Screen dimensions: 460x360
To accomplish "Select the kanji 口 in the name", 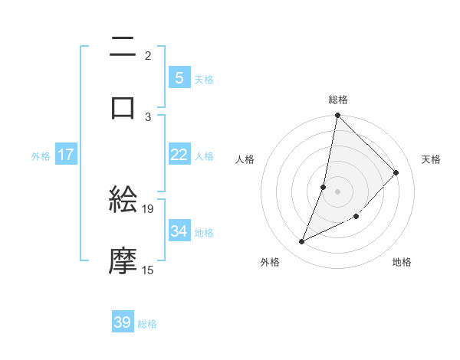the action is pos(123,107).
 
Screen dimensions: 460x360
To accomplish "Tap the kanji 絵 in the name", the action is pos(123,201).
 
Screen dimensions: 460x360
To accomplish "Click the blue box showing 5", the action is pos(179,78).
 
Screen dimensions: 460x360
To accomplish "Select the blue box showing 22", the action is pos(179,155).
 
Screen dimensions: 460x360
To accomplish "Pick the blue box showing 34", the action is pos(179,231).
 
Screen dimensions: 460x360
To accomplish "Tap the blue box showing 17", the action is pos(66,155).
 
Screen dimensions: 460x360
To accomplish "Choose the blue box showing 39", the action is pos(123,322).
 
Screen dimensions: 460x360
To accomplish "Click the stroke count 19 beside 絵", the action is pos(148,208).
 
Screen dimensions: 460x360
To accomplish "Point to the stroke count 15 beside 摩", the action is pos(148,270).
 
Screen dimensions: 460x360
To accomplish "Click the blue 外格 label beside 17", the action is pos(41,155).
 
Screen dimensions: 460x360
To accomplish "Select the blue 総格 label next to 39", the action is pos(147,324).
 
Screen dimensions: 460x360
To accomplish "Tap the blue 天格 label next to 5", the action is pos(204,79).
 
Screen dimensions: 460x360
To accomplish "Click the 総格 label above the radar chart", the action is pos(338,100).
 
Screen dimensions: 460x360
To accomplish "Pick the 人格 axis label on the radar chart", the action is pos(245,160).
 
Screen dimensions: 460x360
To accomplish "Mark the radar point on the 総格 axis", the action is pos(337,116).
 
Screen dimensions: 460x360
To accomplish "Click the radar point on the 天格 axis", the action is pos(396,172).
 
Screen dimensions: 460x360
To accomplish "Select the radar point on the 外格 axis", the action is pos(302,242).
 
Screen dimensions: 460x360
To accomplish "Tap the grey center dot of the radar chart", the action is pos(337,191).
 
